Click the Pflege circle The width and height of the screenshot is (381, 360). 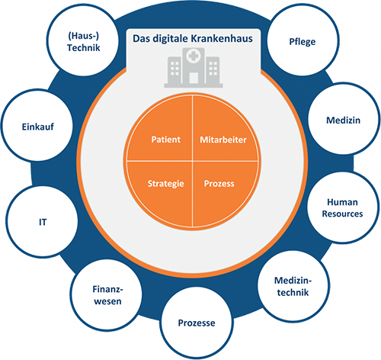pos(303,40)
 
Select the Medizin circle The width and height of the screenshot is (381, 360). pos(344,119)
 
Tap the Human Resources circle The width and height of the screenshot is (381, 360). pos(343,207)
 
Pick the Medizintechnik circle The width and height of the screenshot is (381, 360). pos(293,286)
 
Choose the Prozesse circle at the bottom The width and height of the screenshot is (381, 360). pos(197,323)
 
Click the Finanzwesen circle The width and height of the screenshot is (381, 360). pos(107,295)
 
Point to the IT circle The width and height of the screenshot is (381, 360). pos(42,222)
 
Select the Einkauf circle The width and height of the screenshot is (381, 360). pos(37,125)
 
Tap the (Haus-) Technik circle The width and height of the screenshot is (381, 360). pos(83,40)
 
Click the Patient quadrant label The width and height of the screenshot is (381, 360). pos(166,140)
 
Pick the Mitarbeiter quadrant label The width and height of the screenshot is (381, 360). pos(223,140)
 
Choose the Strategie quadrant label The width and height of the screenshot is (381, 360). pos(166,184)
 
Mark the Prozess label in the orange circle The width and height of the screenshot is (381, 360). pos(219,184)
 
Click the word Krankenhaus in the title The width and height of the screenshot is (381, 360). pos(222,39)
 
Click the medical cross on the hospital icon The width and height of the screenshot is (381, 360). pos(194,56)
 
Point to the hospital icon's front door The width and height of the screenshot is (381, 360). pos(194,78)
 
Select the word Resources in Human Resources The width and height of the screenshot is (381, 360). pos(342,214)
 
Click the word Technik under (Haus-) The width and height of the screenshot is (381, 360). pos(84,48)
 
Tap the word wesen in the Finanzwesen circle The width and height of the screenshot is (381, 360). pos(107,301)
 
